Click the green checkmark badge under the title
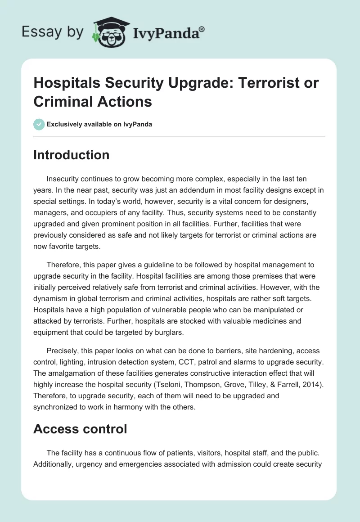(x=39, y=124)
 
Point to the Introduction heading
(x=71, y=155)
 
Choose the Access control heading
(x=80, y=429)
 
